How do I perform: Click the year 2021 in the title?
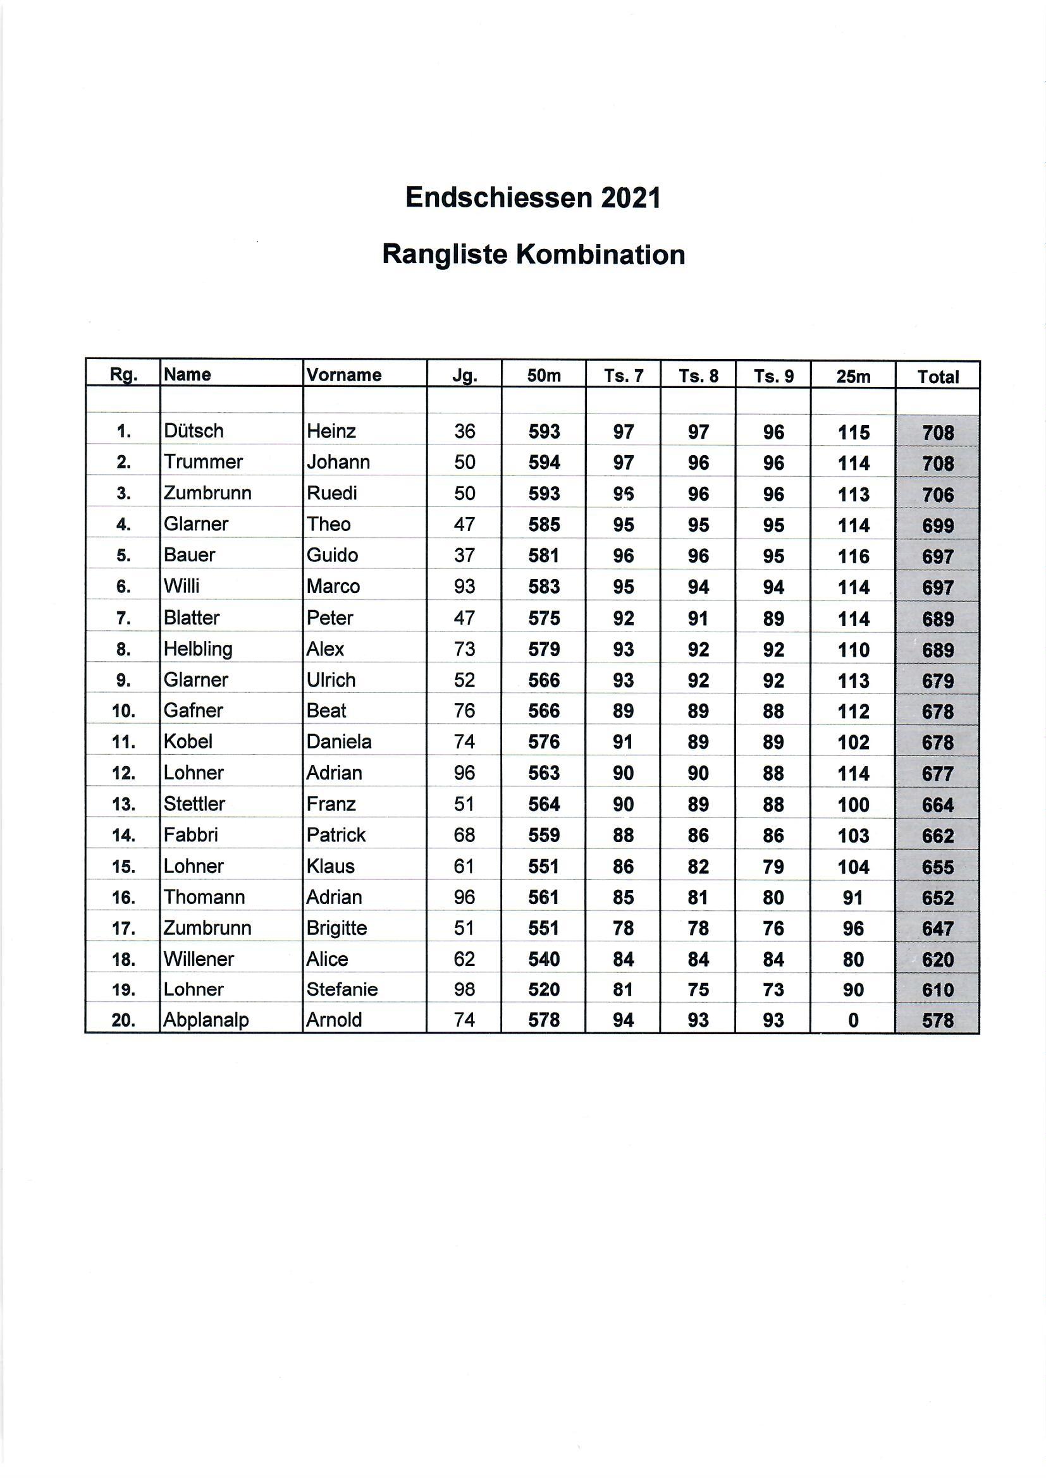pyautogui.click(x=631, y=198)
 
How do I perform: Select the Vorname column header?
pyautogui.click(x=344, y=375)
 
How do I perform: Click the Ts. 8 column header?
pyautogui.click(x=698, y=376)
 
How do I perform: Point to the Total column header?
pyautogui.click(x=938, y=377)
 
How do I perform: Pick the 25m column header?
pyautogui.click(x=852, y=376)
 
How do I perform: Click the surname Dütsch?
pyautogui.click(x=194, y=431)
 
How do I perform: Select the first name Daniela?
pyautogui.click(x=339, y=742)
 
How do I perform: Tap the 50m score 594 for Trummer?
pyautogui.click(x=545, y=462)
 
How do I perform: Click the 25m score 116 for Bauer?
pyautogui.click(x=853, y=556)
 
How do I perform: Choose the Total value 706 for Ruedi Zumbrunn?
pyautogui.click(x=938, y=494)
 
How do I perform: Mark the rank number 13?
pyautogui.click(x=123, y=804)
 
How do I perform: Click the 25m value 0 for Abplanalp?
pyautogui.click(x=853, y=1020)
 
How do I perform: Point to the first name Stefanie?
pyautogui.click(x=342, y=989)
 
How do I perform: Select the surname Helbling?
pyautogui.click(x=198, y=649)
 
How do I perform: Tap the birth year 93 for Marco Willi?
pyautogui.click(x=464, y=587)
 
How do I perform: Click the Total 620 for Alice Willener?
pyautogui.click(x=938, y=959)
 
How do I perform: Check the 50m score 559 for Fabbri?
pyautogui.click(x=545, y=835)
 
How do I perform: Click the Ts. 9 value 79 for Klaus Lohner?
pyautogui.click(x=773, y=867)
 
